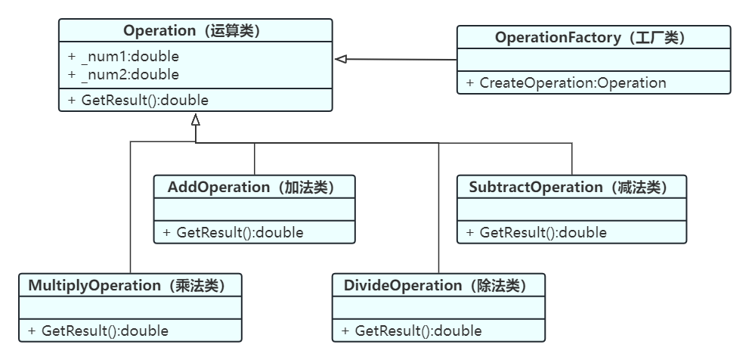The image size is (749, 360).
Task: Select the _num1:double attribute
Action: pyautogui.click(x=124, y=57)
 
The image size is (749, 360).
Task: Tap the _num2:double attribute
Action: pyautogui.click(x=124, y=75)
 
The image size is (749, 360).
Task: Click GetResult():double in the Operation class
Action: pyautogui.click(x=138, y=101)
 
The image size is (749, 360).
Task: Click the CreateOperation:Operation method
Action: pyautogui.click(x=566, y=82)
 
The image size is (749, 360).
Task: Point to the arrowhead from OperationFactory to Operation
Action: pyautogui.click(x=341, y=59)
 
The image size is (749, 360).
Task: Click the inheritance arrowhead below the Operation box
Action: pyautogui.click(x=195, y=119)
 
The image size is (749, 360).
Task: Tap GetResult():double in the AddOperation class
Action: pyautogui.click(x=233, y=233)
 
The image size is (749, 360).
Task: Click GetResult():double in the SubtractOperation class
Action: pyautogui.click(x=537, y=233)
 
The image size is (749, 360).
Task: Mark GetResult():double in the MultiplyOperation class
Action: pyautogui.click(x=98, y=331)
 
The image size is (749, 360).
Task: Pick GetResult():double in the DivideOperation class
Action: pyautogui.click(x=412, y=331)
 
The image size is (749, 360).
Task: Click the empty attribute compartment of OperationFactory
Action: pyautogui.click(x=594, y=60)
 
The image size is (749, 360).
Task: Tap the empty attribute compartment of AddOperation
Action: pyautogui.click(x=254, y=209)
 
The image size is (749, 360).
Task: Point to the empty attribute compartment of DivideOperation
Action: pyautogui.click(x=438, y=307)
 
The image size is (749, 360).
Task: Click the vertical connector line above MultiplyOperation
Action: pyautogui.click(x=131, y=207)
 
